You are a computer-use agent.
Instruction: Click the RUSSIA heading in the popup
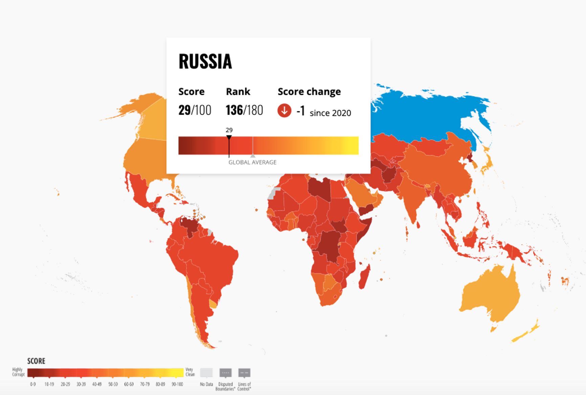coord(205,62)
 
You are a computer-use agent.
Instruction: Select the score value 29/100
coord(195,110)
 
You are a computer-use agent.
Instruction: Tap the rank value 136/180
coord(244,110)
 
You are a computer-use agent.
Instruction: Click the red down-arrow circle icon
coord(284,111)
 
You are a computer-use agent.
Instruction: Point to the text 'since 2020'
coord(330,113)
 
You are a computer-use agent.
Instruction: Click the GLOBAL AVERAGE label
coord(252,162)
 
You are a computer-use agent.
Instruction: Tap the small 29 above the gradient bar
coord(229,130)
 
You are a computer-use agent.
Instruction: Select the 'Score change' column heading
coord(309,92)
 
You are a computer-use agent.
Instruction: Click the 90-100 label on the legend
coord(177,384)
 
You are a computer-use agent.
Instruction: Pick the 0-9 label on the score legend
coord(33,384)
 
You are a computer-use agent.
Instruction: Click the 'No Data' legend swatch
coord(206,373)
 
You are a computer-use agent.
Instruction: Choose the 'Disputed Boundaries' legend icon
coord(226,373)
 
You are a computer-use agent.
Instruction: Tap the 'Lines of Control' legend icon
coord(244,373)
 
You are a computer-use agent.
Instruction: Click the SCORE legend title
coord(36,361)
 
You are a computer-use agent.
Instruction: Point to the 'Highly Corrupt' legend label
coord(18,372)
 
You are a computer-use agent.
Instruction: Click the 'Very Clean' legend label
coord(190,372)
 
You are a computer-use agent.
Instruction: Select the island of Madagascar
coord(364,277)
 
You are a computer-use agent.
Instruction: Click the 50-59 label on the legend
coord(113,384)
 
